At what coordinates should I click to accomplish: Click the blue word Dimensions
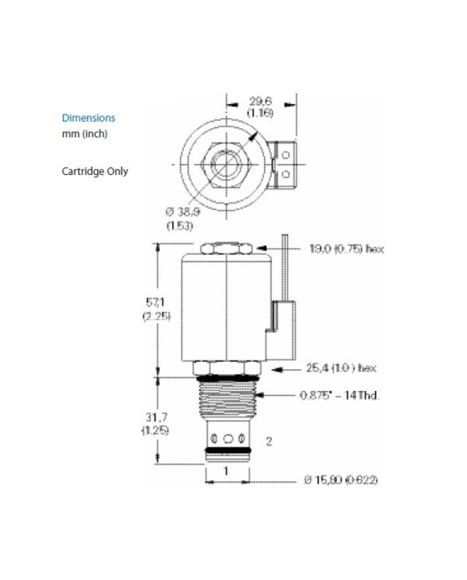tap(88, 118)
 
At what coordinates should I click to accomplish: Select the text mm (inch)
tap(84, 133)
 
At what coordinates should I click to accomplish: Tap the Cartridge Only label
tap(95, 171)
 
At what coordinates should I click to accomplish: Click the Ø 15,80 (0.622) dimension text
tap(341, 481)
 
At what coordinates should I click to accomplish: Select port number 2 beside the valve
tap(269, 441)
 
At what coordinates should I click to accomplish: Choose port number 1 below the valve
tap(227, 470)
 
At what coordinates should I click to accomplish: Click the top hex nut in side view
tap(227, 249)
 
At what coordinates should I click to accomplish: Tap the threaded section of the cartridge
tap(227, 400)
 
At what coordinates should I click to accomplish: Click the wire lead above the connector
tap(284, 267)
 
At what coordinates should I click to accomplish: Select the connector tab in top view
tap(286, 163)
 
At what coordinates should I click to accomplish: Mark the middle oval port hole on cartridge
tap(227, 439)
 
